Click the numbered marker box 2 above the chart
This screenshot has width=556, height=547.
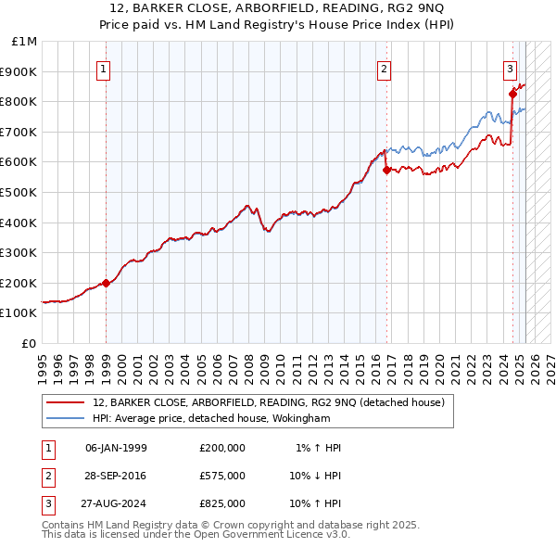384,68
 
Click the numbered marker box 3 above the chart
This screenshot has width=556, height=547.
510,68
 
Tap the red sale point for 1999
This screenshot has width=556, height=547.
106,283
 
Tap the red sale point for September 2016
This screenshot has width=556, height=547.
386,170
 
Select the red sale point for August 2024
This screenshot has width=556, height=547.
512,94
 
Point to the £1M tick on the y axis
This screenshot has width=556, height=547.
26,42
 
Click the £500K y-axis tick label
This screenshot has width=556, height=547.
19,193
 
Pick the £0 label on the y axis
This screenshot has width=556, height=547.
29,343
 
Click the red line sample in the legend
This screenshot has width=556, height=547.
66,402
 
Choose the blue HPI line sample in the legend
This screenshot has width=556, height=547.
66,418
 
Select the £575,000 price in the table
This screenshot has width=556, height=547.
222,476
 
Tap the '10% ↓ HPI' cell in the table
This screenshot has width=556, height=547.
315,476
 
